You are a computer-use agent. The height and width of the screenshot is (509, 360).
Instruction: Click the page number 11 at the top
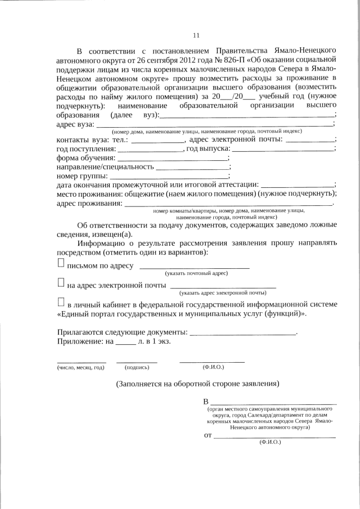[x=196, y=35]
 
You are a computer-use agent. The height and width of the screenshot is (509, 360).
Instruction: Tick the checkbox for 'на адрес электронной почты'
[x=61, y=284]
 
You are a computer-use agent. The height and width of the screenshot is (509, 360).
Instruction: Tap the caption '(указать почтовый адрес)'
[x=196, y=273]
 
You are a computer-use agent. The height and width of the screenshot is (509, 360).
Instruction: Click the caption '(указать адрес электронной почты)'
[x=223, y=293]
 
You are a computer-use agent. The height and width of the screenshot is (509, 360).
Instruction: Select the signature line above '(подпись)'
[x=137, y=362]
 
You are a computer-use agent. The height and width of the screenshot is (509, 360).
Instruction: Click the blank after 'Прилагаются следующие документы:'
[x=243, y=334]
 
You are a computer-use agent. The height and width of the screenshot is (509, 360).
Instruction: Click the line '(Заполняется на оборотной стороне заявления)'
[x=197, y=385]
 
